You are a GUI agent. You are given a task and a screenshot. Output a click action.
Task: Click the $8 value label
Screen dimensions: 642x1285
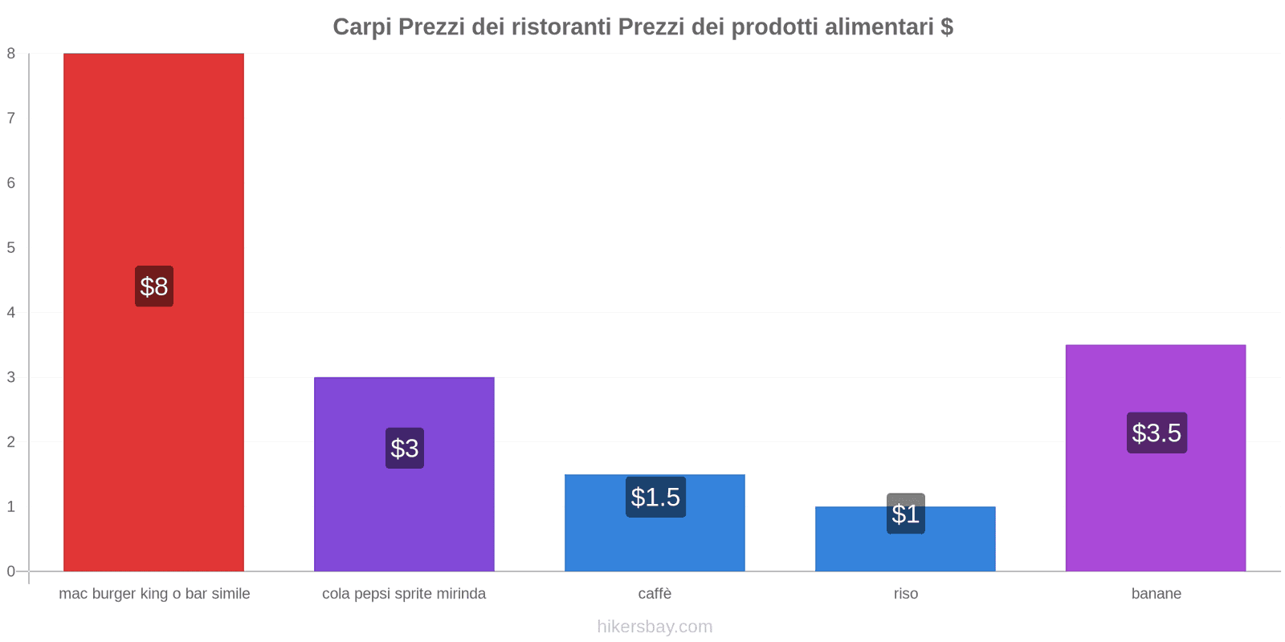[x=153, y=286]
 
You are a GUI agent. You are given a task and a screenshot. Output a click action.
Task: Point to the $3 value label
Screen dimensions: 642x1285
[x=404, y=448]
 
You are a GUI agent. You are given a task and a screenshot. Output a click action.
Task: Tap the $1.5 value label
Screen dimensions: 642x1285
[x=655, y=498]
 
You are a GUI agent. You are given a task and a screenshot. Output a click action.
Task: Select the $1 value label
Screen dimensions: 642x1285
[x=905, y=514]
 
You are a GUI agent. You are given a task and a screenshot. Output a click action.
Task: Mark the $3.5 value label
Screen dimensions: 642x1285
[x=1156, y=433]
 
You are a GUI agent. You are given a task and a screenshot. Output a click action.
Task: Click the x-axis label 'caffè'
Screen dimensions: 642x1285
[x=655, y=594]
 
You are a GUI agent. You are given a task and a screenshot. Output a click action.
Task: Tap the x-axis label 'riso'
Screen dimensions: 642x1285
[x=905, y=594]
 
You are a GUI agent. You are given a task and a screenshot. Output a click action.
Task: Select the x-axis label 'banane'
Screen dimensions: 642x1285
[x=1156, y=594]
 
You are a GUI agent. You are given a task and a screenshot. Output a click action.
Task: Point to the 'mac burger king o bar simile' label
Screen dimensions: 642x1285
[x=154, y=594]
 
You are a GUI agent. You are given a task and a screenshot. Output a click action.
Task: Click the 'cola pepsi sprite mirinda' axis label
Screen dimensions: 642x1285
[x=404, y=594]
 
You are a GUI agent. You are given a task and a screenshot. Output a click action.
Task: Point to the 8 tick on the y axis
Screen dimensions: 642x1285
[x=11, y=54]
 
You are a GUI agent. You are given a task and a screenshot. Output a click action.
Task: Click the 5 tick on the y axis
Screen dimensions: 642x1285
[x=11, y=248]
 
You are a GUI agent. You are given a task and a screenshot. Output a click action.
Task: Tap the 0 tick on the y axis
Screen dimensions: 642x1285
[x=11, y=571]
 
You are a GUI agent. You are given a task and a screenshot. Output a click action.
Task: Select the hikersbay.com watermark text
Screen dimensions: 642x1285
[x=655, y=627]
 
